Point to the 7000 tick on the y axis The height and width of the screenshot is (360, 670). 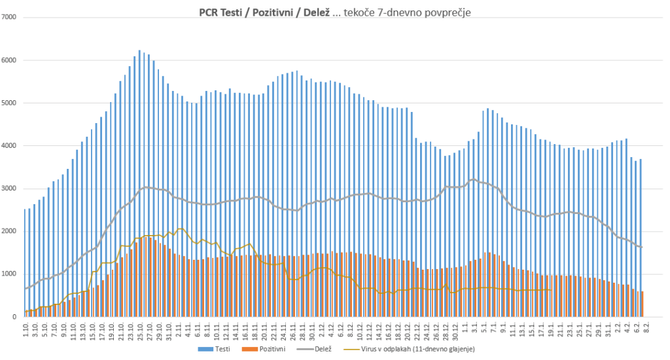point(10,17)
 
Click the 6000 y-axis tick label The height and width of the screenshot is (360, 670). point(10,60)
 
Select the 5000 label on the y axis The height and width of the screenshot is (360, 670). point(10,103)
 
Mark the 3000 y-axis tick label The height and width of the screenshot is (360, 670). point(10,189)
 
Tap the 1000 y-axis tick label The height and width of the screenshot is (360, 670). point(10,274)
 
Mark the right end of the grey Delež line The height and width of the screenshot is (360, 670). point(643,247)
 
